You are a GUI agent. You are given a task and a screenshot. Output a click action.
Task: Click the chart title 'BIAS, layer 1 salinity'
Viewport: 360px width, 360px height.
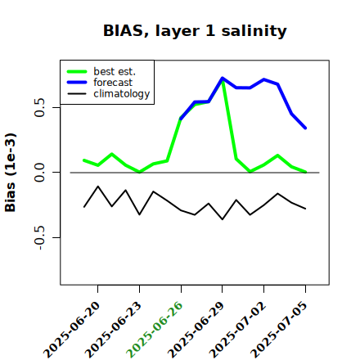(x=195, y=31)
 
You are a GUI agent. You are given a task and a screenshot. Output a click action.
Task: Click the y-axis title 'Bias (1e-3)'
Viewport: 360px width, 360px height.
(x=11, y=173)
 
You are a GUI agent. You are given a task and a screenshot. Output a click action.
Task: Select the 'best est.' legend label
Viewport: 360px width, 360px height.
(x=115, y=71)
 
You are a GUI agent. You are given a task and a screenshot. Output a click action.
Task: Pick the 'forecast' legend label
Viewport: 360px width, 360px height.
(x=113, y=83)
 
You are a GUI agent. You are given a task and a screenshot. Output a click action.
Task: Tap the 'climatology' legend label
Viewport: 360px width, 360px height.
(x=122, y=94)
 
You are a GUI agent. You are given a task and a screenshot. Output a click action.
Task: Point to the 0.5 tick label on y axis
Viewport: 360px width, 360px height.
(x=40, y=107)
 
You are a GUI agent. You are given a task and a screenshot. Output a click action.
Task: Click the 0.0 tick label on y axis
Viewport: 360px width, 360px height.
(x=40, y=173)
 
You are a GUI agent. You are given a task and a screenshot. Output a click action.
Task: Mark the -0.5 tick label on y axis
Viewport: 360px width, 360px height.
(x=40, y=238)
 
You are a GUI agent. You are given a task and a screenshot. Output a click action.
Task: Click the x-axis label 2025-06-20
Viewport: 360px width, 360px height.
(x=71, y=330)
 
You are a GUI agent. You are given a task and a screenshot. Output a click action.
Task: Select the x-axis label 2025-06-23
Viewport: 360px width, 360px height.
(x=113, y=330)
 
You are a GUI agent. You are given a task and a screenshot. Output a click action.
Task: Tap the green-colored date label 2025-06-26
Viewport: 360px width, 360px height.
(x=155, y=330)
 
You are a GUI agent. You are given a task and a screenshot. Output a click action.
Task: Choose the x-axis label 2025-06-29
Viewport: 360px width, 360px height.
(x=196, y=330)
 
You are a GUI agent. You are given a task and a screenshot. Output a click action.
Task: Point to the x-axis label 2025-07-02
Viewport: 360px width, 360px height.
(x=237, y=330)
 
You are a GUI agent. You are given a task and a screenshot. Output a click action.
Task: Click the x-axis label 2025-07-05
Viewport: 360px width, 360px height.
(x=279, y=330)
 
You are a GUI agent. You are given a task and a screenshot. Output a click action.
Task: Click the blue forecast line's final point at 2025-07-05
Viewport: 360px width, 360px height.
(x=305, y=128)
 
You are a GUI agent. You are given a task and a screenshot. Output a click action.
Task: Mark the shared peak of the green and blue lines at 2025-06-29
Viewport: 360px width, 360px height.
(x=223, y=78)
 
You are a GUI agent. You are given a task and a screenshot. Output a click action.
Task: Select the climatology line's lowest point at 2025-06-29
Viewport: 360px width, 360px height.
(x=223, y=219)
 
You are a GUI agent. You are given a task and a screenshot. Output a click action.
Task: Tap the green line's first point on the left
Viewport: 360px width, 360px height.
(x=84, y=160)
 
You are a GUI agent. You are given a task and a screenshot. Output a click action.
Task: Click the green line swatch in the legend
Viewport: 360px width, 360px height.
(x=77, y=72)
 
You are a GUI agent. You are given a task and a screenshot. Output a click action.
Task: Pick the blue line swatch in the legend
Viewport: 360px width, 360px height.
(x=77, y=83)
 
